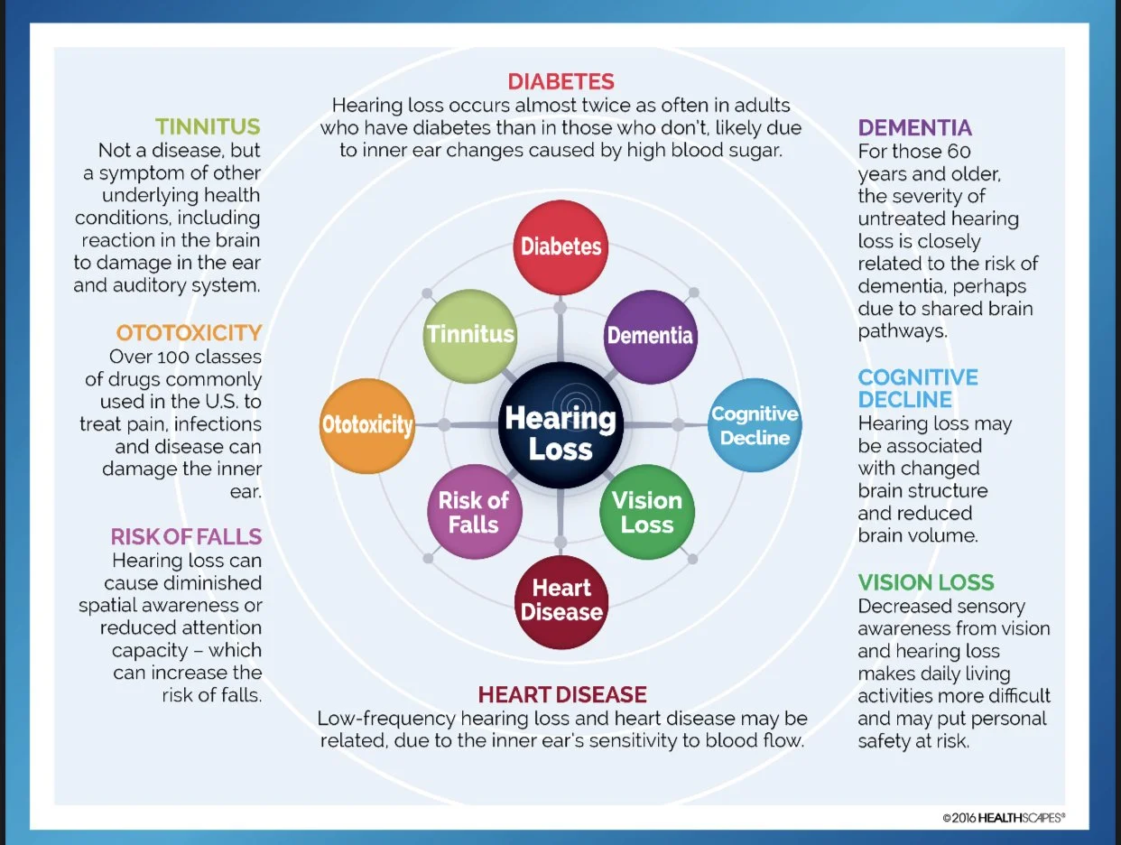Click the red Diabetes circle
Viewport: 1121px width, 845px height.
click(x=560, y=246)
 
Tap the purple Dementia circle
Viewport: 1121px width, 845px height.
click(x=650, y=336)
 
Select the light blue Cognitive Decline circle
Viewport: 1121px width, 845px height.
click(x=755, y=425)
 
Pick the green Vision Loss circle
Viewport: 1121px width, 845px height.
click(x=647, y=512)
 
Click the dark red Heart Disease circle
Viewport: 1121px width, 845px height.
click(x=560, y=600)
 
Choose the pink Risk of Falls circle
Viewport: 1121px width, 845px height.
click(x=473, y=512)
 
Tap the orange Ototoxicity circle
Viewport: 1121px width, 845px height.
click(x=367, y=425)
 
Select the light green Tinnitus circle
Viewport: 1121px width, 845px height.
click(x=470, y=335)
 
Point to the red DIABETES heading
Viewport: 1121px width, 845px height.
click(x=560, y=82)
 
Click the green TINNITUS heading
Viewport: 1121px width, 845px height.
click(x=208, y=126)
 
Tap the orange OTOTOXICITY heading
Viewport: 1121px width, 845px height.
click(x=189, y=332)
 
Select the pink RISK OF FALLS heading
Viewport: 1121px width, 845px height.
click(x=186, y=536)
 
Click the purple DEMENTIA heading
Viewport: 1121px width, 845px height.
click(x=914, y=127)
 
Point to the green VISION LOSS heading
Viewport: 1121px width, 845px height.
click(x=926, y=582)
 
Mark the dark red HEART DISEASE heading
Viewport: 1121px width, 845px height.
click(x=562, y=694)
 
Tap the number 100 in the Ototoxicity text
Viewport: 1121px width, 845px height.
click(x=166, y=356)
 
